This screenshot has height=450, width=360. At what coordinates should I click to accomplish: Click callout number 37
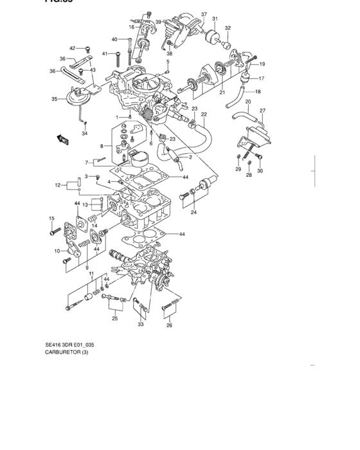pos(204,14)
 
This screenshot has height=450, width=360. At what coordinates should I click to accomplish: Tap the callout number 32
pos(227,28)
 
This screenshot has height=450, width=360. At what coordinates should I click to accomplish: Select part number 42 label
pos(73,48)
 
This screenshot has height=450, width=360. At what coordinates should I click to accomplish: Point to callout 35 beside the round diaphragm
pos(55,99)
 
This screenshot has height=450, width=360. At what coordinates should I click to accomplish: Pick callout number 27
pos(262,111)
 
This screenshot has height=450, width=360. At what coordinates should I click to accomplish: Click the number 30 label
pos(260,170)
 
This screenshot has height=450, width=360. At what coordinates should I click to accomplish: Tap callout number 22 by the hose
pos(203,114)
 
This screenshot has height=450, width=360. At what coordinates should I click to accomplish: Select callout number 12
pos(57,185)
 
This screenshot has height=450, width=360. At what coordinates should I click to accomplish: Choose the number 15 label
pos(51,220)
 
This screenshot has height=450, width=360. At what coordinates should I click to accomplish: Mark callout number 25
pos(114,318)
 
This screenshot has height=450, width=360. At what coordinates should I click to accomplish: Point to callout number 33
pos(141,325)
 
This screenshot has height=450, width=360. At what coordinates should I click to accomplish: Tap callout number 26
pos(170,325)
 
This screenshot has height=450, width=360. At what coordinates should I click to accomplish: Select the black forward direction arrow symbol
pos(63,138)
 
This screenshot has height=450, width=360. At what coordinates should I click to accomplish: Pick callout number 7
pos(87,162)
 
